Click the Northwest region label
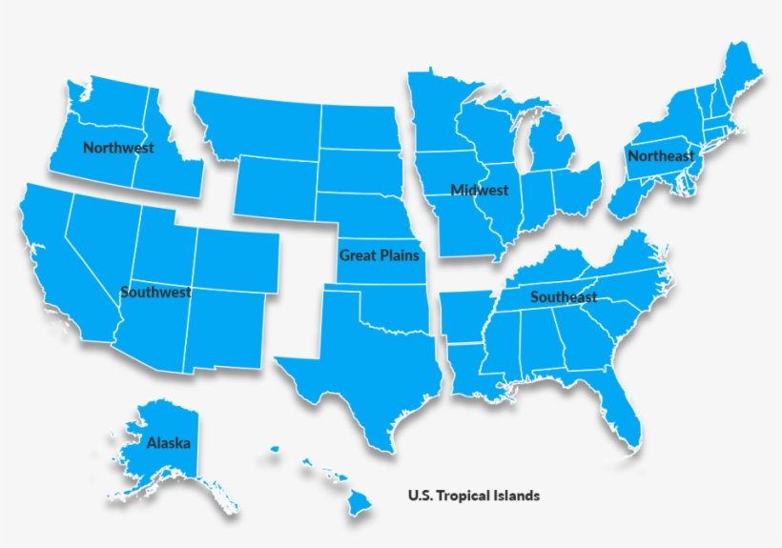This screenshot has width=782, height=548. (118, 148)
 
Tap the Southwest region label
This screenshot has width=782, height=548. (155, 292)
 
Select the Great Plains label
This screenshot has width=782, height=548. (379, 254)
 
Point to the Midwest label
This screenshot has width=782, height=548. (480, 190)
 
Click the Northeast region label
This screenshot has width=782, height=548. (661, 155)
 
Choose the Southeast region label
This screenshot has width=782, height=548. (564, 296)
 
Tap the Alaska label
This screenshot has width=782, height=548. (168, 443)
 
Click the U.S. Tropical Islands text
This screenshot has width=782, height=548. (473, 496)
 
